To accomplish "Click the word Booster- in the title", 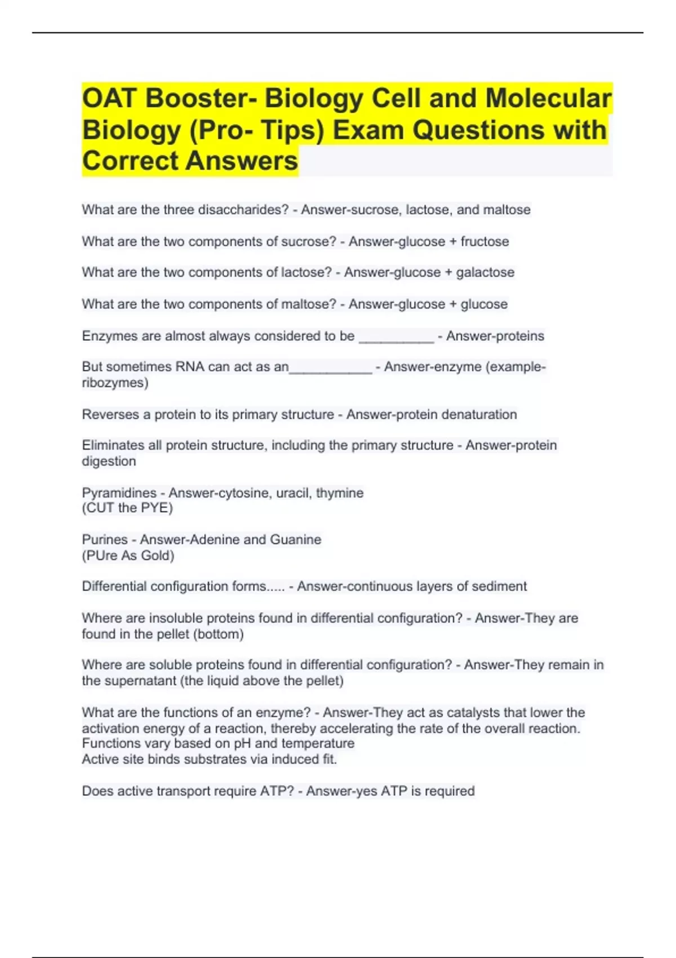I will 201,98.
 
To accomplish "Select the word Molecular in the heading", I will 548,98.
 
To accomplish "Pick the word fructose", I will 484,241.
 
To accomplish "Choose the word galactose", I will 485,272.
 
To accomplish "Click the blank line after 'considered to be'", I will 396,337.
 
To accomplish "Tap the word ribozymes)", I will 115,383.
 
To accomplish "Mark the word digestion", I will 109,461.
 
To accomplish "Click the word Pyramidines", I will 119,493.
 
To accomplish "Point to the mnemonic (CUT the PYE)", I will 127,508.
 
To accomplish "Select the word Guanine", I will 295,539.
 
